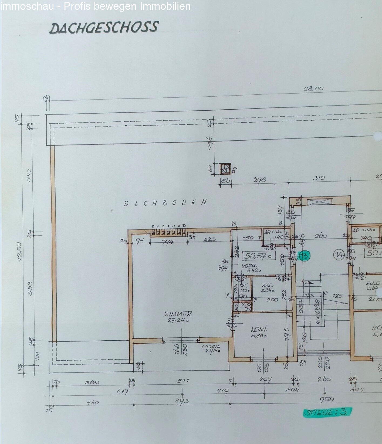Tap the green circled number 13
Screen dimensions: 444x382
point(304,255)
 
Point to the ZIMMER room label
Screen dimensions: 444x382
point(178,314)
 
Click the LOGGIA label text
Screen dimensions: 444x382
point(211,347)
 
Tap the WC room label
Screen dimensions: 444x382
point(244,286)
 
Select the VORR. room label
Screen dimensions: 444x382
point(249,266)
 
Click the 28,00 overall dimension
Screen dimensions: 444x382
point(314,89)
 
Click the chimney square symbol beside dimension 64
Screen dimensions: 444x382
point(225,170)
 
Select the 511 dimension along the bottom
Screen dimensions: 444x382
point(183,381)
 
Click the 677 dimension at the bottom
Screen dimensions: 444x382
point(122,392)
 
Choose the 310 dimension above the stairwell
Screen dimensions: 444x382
point(319,178)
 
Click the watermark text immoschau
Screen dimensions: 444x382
point(27,6)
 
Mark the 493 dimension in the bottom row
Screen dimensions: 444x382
point(182,401)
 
